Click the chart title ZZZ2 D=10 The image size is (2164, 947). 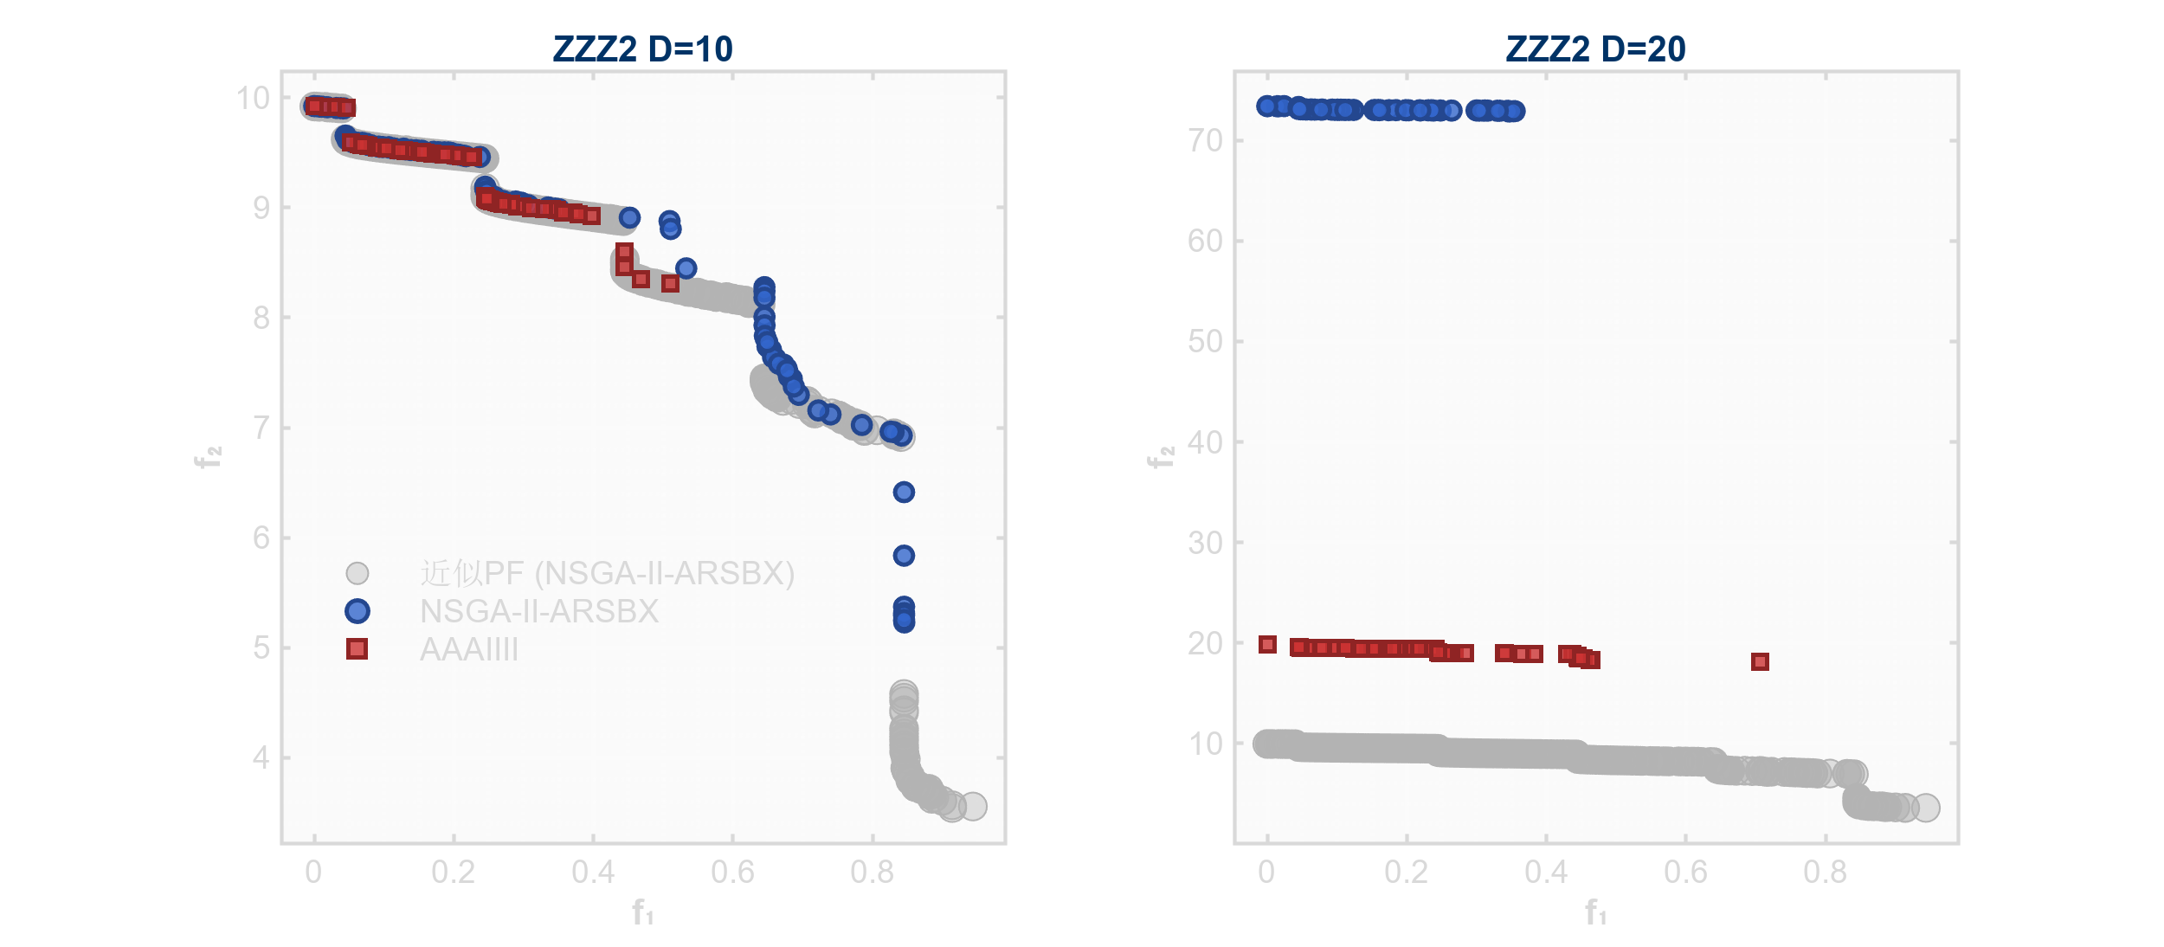[x=642, y=49]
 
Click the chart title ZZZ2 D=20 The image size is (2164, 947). [x=1595, y=49]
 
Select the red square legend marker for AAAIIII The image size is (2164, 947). [x=357, y=649]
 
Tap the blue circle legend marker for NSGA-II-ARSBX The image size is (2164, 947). [x=357, y=611]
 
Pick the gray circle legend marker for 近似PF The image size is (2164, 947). [x=357, y=573]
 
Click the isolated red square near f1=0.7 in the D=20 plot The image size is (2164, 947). [x=1760, y=661]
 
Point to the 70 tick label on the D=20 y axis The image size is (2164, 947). [x=1204, y=140]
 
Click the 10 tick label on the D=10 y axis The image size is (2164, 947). [x=253, y=98]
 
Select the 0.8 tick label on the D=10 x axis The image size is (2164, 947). [x=872, y=872]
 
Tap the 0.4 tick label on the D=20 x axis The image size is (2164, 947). [x=1546, y=872]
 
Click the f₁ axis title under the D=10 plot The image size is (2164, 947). [x=642, y=912]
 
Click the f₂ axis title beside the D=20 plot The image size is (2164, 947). [x=1160, y=457]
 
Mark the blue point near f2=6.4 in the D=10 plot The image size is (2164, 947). [x=904, y=492]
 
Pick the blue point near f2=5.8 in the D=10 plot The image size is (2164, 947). [x=904, y=555]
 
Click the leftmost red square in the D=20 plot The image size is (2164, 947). [x=1267, y=644]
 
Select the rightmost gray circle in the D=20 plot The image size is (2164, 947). [x=1925, y=808]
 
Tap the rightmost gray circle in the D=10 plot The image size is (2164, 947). [x=973, y=806]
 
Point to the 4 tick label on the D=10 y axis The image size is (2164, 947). [x=261, y=758]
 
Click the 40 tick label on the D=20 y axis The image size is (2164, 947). [x=1204, y=442]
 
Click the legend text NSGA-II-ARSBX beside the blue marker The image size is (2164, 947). [x=538, y=611]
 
